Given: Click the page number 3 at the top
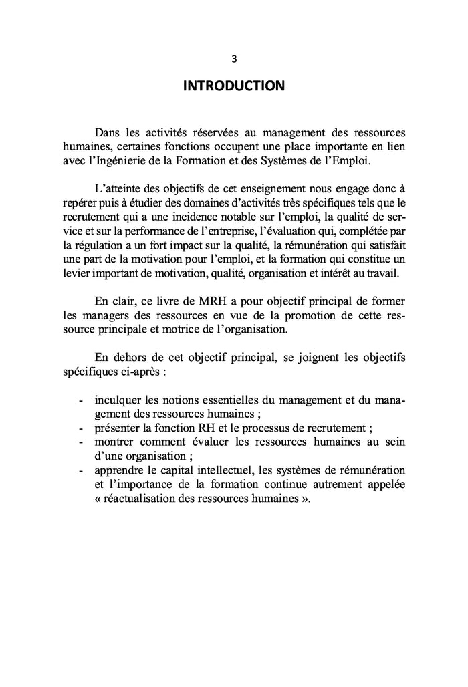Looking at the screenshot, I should coord(234,58).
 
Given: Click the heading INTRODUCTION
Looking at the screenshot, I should coord(233,86).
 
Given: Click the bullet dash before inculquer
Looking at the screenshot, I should coord(81,401).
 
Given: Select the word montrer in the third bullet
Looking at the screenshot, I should coord(115,443).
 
